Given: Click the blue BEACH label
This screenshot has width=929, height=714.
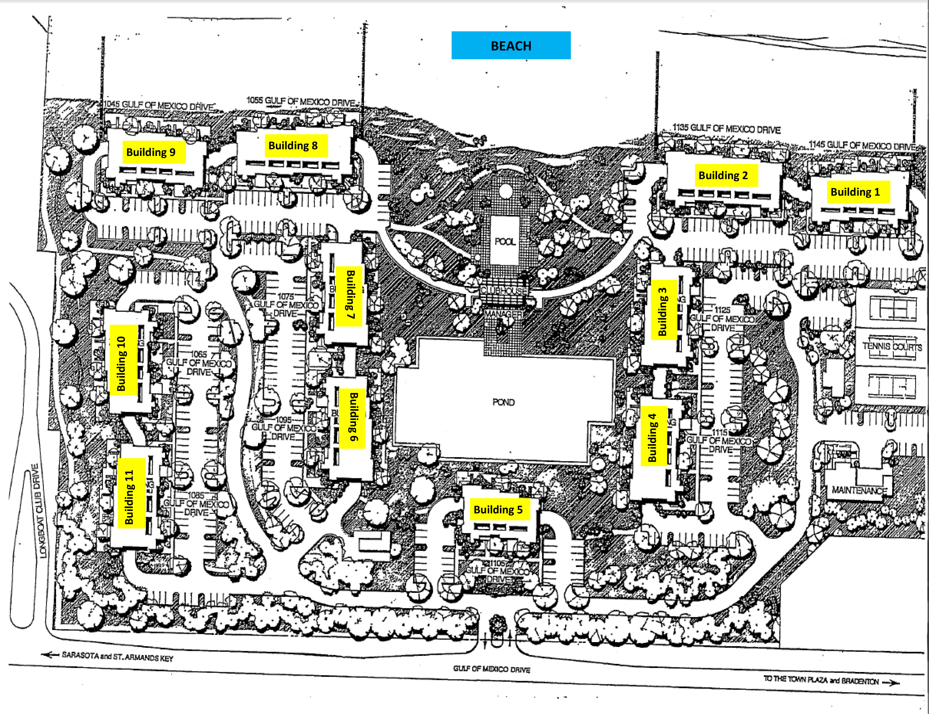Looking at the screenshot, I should point(511,46).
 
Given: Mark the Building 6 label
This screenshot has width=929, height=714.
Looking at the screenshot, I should point(353,417).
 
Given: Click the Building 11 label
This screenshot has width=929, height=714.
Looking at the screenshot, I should point(130,496).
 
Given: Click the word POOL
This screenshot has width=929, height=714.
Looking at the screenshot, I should point(505,241).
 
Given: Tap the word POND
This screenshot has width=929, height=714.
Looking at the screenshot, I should point(504,402).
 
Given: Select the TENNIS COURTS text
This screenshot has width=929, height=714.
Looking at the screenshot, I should point(892,346).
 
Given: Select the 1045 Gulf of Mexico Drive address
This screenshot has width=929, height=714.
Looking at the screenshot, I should point(159,105).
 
